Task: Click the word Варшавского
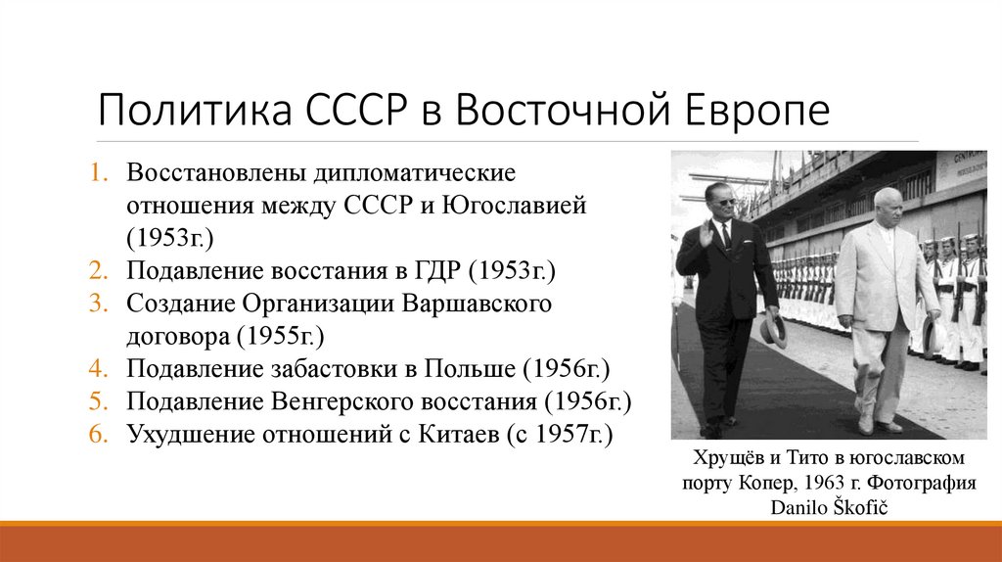(477, 304)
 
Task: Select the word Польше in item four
(471, 369)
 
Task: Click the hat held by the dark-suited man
(774, 330)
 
